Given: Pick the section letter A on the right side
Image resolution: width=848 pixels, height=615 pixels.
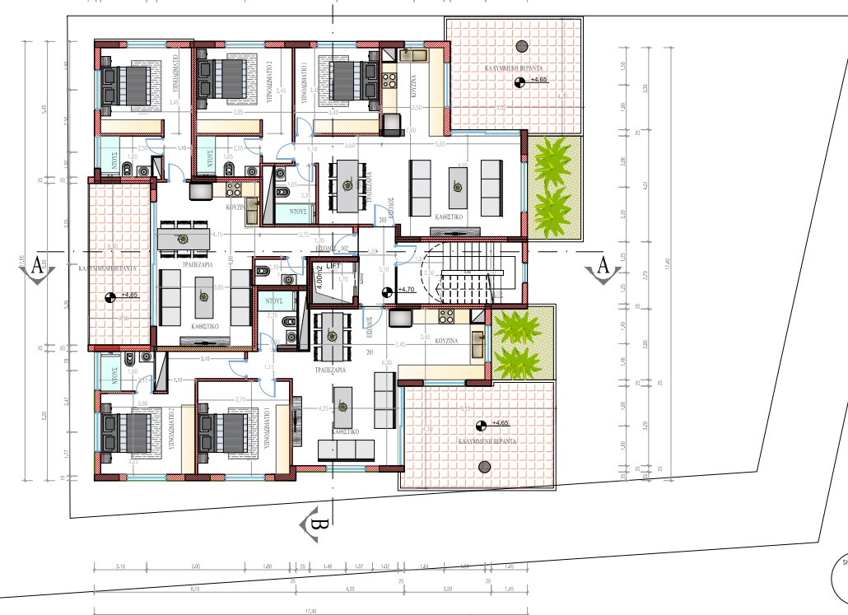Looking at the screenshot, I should pos(602,267).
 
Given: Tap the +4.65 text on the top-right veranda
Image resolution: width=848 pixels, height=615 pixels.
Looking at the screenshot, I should pos(539,80).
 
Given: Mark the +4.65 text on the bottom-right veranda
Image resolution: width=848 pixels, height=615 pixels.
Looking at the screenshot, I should pos(502,423).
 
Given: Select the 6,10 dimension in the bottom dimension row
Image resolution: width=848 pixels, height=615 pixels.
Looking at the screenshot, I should pos(194,589).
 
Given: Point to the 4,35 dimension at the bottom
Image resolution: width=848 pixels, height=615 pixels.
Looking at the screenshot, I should pos(349,589).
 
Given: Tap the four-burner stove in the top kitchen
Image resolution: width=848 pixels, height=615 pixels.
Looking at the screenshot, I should pos(387,82).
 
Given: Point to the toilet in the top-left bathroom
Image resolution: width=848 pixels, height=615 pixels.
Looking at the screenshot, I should pos(128,170).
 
